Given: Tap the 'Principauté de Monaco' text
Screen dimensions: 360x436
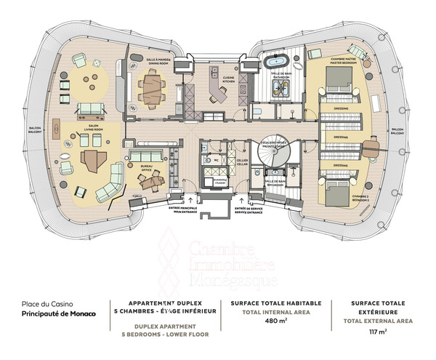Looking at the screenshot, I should pos(51,315).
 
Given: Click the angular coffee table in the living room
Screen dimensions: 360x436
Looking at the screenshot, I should pos(93,159).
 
